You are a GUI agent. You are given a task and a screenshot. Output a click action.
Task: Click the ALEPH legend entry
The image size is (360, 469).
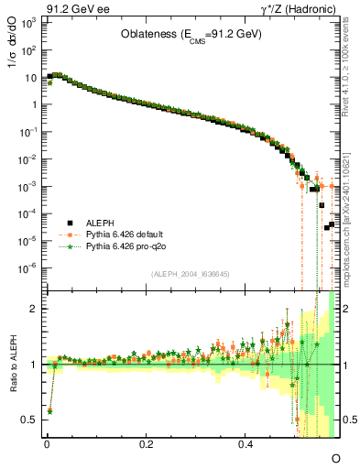(101, 223)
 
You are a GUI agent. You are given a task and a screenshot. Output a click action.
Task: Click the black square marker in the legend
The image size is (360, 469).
(69, 223)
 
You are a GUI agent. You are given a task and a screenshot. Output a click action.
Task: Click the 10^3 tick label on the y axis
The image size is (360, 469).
(29, 20)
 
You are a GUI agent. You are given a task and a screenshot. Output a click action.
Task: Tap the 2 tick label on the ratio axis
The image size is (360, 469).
(34, 309)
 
